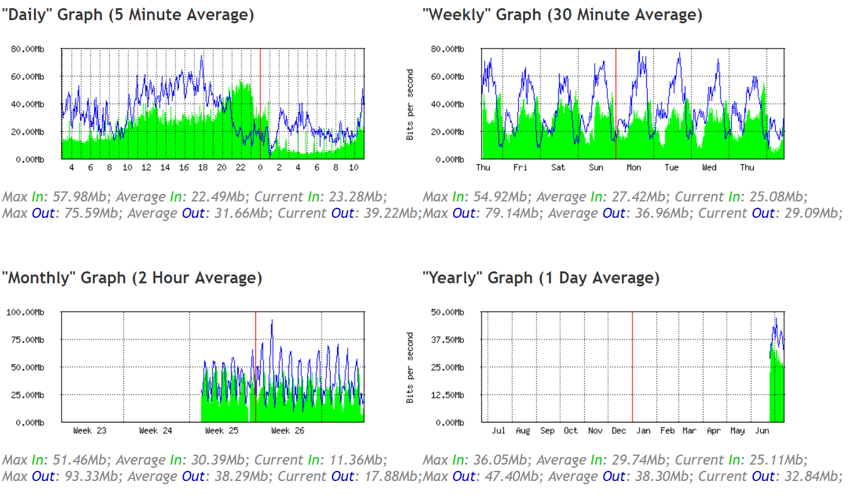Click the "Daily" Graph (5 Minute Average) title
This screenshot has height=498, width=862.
pyautogui.click(x=128, y=15)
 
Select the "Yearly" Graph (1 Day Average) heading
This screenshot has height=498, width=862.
pyautogui.click(x=541, y=278)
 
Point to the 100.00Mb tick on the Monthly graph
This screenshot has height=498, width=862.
pyautogui.click(x=26, y=312)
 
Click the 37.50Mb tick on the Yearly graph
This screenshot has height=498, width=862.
pyautogui.click(x=448, y=340)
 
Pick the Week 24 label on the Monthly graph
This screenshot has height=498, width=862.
pyautogui.click(x=156, y=431)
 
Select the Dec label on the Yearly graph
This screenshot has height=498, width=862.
pyautogui.click(x=619, y=431)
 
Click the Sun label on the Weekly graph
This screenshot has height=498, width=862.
pyautogui.click(x=596, y=167)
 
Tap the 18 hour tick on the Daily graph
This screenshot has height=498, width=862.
pyautogui.click(x=202, y=167)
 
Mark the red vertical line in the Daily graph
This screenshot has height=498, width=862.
pyautogui.click(x=260, y=103)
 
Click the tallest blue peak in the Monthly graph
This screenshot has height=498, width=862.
pyautogui.click(x=272, y=321)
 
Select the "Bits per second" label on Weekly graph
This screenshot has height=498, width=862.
pyautogui.click(x=411, y=104)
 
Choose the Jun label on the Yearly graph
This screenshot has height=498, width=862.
pyautogui.click(x=761, y=431)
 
